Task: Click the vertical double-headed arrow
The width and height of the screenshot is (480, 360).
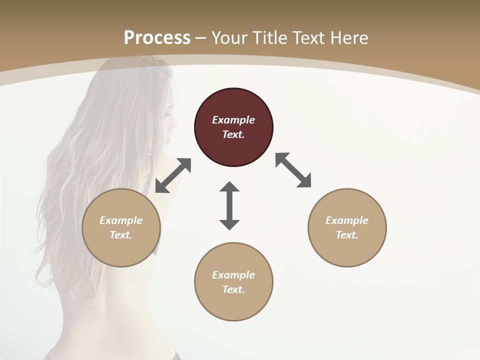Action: (229, 205)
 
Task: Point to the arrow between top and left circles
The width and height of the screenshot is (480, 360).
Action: (173, 175)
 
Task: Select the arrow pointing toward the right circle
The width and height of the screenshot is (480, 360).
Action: (293, 170)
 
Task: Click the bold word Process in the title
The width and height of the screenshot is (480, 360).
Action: (157, 37)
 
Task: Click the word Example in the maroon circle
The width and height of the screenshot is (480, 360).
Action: (233, 120)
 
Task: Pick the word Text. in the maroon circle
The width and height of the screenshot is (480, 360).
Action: (233, 134)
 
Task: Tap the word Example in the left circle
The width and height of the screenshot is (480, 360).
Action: (121, 220)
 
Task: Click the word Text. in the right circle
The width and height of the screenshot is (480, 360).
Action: (347, 235)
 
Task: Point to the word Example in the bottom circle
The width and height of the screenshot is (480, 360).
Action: (233, 275)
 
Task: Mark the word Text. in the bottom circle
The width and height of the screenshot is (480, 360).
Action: (233, 289)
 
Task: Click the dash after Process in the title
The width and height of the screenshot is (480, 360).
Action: (201, 38)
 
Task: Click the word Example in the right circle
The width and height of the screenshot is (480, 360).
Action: (347, 220)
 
